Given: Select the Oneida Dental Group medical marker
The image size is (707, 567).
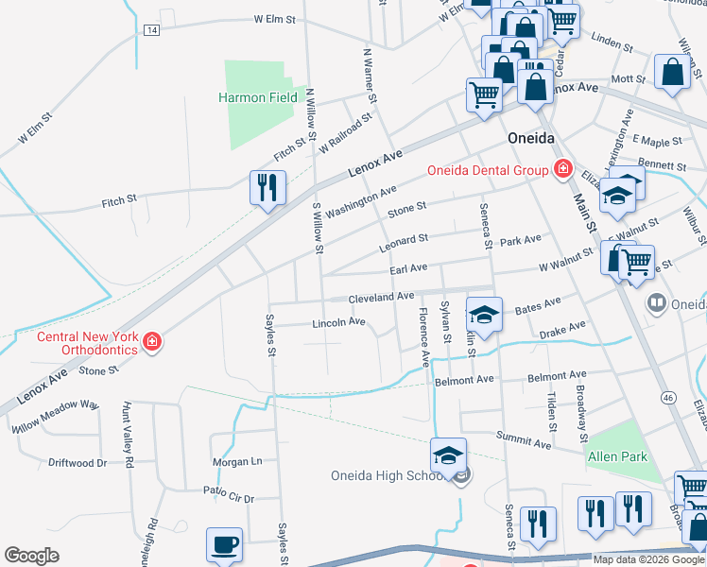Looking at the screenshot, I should point(562,170).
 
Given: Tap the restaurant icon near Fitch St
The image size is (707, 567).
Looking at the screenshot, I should point(267,186).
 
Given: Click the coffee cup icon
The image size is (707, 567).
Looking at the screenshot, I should point(225,544).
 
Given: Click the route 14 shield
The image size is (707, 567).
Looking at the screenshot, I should point(152,30).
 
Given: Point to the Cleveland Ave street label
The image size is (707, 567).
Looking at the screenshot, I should point(381,297).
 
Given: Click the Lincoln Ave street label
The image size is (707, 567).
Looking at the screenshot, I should point(338,322).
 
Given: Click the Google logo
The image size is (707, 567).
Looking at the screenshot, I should point(31,556).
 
